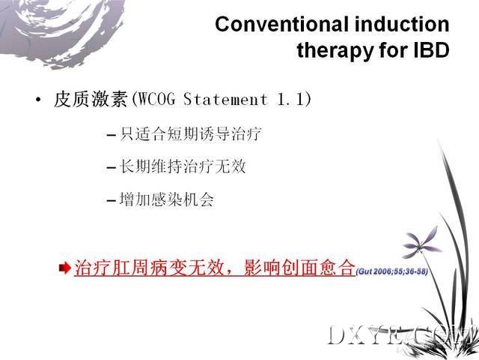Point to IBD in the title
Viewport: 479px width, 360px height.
[x=431, y=50]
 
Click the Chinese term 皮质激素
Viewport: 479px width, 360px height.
[x=91, y=99]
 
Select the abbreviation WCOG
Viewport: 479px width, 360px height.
[x=156, y=99]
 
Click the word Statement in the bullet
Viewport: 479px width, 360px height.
[x=225, y=99]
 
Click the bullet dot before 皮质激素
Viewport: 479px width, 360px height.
[x=38, y=100]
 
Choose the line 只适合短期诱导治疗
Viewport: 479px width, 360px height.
[x=191, y=133]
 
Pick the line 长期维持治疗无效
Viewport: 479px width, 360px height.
[x=183, y=166]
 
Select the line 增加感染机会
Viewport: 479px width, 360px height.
[x=166, y=200]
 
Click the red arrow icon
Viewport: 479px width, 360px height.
[x=65, y=268]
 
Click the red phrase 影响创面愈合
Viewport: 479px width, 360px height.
[x=299, y=268]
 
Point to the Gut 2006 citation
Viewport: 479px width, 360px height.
[x=392, y=271]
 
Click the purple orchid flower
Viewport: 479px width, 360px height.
[x=422, y=242]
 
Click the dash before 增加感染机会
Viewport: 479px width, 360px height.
[x=111, y=201]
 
